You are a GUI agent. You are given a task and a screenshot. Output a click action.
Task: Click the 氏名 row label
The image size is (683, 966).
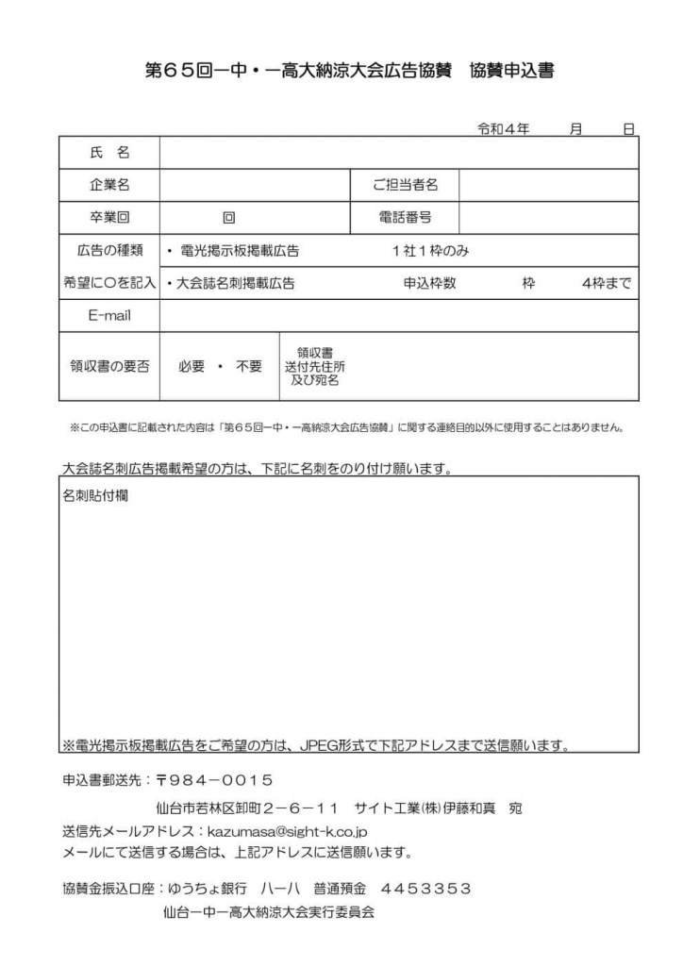click(109, 152)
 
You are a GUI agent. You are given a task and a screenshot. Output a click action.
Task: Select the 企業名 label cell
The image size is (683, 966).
click(109, 185)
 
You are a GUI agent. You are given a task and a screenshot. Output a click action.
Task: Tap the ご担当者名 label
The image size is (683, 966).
click(405, 185)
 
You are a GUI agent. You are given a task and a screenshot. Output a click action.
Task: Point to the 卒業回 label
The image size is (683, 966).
click(109, 218)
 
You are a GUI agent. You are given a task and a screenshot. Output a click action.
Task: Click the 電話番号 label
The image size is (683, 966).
click(405, 218)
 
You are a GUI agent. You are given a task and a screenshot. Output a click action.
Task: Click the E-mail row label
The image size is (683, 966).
click(109, 315)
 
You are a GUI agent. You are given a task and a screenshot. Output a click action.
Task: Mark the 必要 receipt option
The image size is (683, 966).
click(192, 367)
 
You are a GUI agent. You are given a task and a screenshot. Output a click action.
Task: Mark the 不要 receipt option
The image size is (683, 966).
click(249, 367)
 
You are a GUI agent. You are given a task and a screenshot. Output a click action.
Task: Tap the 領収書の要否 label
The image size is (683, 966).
click(109, 367)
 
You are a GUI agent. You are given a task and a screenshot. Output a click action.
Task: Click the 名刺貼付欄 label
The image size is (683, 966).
click(95, 494)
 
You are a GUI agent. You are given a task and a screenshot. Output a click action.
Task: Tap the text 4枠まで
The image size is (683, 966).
click(607, 283)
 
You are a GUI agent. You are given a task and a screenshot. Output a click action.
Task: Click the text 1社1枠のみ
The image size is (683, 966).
click(430, 251)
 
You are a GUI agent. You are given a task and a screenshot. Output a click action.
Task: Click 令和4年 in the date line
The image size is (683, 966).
click(504, 128)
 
